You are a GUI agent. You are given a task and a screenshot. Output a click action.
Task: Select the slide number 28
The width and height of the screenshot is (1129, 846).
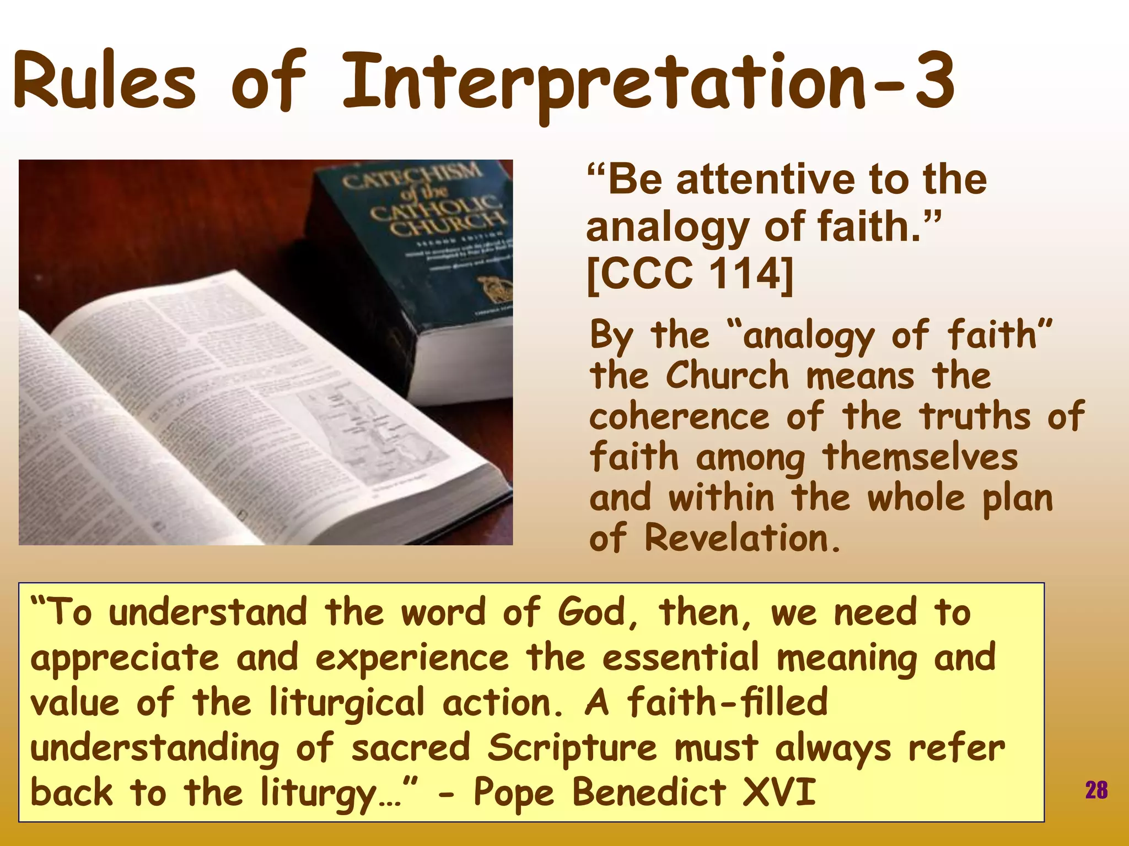[1096, 790]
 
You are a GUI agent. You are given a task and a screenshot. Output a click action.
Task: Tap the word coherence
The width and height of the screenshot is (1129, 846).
[679, 416]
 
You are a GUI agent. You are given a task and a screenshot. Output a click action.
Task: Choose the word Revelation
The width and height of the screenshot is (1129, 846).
[742, 538]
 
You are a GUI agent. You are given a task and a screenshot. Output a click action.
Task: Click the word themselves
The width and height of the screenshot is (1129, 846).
[920, 457]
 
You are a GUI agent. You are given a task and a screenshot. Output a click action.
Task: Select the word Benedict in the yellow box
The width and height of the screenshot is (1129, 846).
[649, 793]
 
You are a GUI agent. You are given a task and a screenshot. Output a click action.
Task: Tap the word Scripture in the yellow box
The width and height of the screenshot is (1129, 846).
[572, 748]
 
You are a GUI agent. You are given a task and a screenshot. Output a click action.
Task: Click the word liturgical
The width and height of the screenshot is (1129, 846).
[347, 703]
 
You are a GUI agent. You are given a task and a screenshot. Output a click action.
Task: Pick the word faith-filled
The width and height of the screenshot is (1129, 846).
[727, 702]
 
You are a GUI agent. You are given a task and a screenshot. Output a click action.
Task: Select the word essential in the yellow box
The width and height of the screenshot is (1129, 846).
[680, 658]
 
